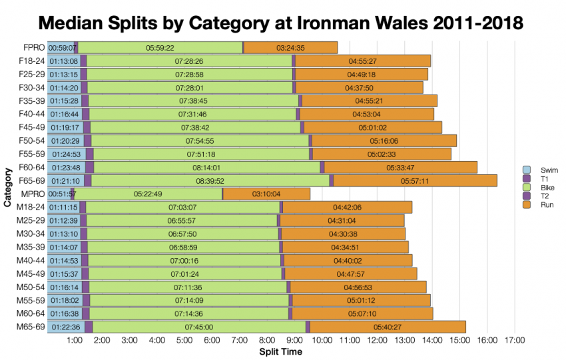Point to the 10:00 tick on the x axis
[x=322, y=340]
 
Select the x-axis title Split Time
[x=280, y=351]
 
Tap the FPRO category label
[x=33, y=48]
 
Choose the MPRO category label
[x=32, y=194]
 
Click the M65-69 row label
[x=29, y=326]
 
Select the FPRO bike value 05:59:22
[x=160, y=48]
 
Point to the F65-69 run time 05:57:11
[x=414, y=180]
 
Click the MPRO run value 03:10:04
[x=266, y=194]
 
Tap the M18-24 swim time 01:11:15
[x=63, y=207]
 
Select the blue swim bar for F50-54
[x=65, y=140]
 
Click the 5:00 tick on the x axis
[x=184, y=340]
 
